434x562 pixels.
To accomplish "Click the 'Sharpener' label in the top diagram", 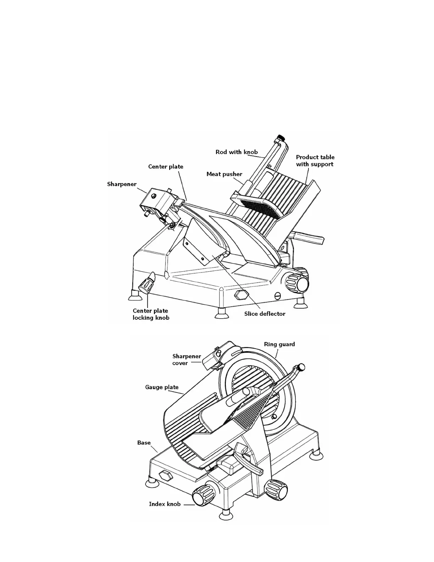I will pos(122,184).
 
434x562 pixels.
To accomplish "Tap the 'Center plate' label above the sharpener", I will pos(166,167).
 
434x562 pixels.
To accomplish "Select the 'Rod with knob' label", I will pos(237,152).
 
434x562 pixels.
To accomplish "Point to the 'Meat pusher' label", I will pos(224,174).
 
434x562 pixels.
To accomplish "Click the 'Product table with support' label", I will pos(315,161).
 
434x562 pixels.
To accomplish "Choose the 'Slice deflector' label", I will pos(265,314).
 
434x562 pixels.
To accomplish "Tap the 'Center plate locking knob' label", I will pos(151,314).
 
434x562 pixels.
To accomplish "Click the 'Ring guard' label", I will pos(279,344).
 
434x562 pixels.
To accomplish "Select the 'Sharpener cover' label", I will pos(187,360).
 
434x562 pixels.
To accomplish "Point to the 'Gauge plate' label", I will pos(162,387).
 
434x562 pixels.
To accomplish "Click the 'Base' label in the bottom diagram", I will pos(144,443).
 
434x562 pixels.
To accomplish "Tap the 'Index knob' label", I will pos(165,504).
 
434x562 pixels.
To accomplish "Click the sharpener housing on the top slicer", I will pos(155,201).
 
